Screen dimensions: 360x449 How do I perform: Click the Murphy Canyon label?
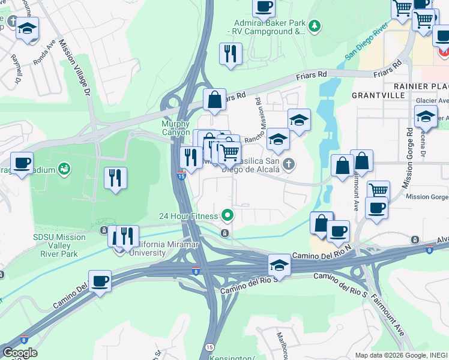(175, 128)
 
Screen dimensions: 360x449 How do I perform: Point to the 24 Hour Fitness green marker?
(227, 214)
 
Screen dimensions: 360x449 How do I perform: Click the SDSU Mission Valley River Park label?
(59, 245)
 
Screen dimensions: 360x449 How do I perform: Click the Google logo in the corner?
(19, 352)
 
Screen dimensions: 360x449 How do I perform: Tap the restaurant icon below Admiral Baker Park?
(231, 53)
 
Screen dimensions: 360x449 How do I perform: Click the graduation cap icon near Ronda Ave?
(27, 28)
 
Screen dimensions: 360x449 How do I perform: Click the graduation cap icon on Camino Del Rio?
(279, 264)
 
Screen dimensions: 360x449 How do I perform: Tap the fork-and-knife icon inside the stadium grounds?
(115, 178)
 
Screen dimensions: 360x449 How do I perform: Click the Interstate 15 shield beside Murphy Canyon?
(181, 175)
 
